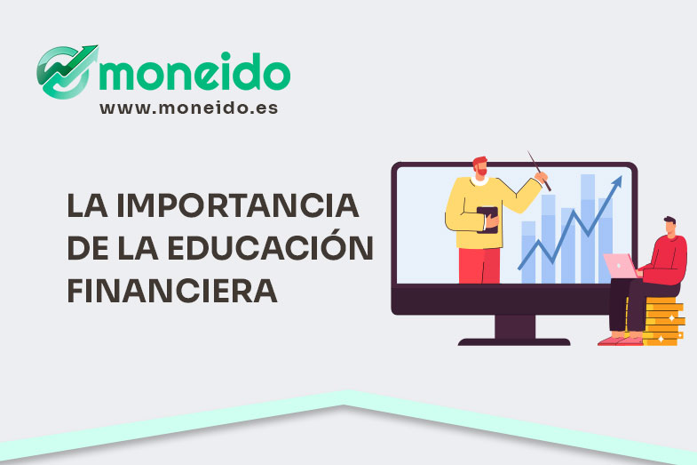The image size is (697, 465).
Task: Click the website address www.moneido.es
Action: [188, 108]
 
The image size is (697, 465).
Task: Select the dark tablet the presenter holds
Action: [487, 219]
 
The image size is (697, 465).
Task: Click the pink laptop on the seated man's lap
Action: [620, 265]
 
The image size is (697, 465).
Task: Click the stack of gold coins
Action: [662, 321]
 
